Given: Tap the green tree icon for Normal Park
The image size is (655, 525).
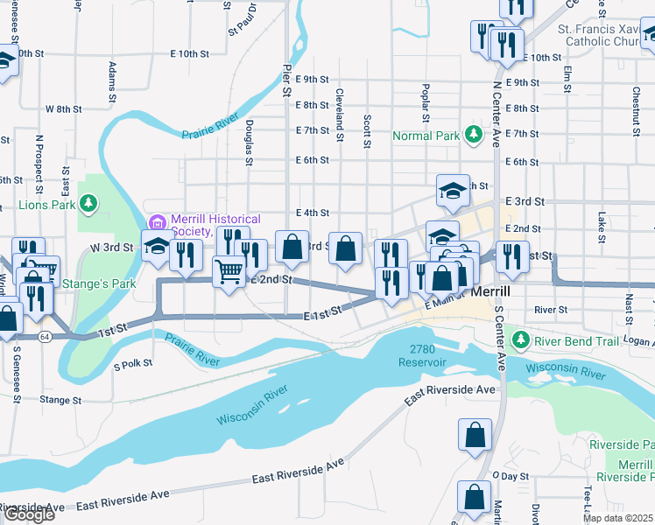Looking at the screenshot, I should click(x=474, y=135).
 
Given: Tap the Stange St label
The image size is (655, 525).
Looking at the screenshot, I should click(x=60, y=400).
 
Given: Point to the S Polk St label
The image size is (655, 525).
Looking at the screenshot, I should click(x=133, y=362).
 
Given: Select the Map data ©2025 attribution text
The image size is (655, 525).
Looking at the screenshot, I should click(x=618, y=518).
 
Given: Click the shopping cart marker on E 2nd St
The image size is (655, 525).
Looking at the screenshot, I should click(x=229, y=272).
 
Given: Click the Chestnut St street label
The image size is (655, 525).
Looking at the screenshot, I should click(x=636, y=103).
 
